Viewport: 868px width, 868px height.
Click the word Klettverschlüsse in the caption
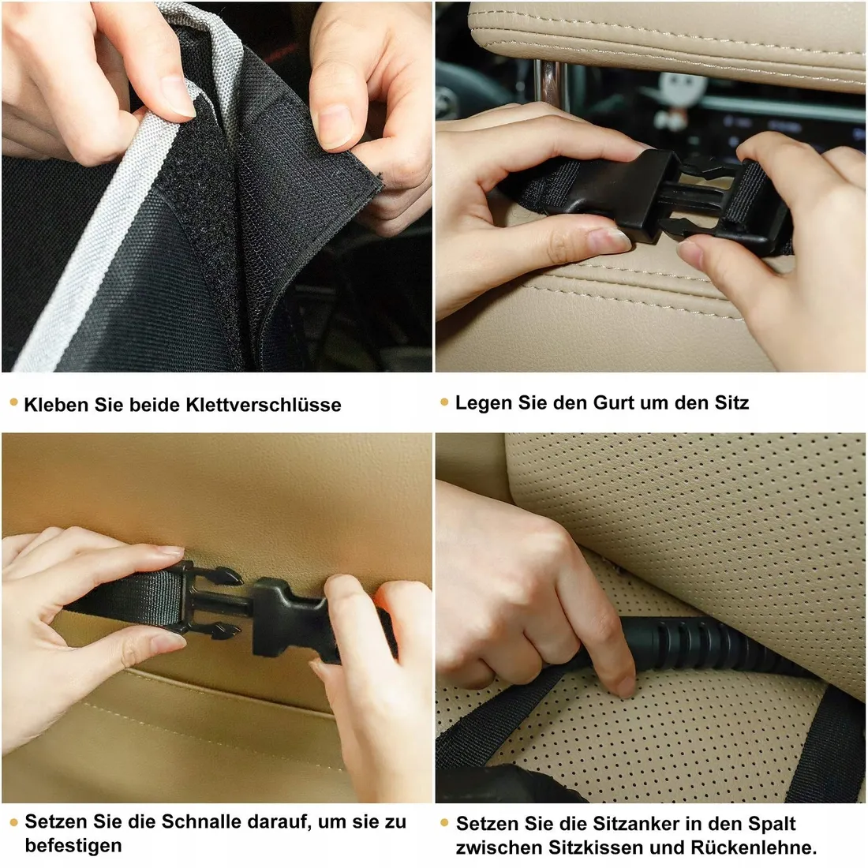(263, 405)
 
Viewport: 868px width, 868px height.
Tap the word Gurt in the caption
(614, 403)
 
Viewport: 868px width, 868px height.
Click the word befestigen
(73, 846)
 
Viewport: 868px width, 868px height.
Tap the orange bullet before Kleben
(14, 402)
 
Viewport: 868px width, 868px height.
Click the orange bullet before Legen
(444, 402)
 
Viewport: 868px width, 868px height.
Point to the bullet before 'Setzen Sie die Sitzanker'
(444, 823)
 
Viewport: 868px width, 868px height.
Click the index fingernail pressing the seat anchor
(627, 687)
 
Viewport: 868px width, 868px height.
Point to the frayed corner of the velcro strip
(379, 177)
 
